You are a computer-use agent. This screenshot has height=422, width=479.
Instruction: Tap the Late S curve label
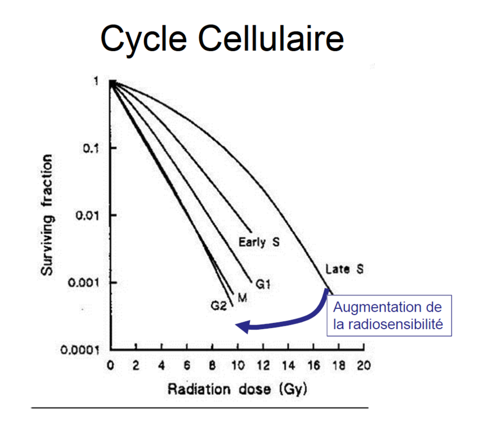click(x=344, y=270)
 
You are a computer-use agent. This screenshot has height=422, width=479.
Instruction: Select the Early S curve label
click(x=259, y=243)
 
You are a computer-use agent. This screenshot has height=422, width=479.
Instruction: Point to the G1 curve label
click(x=263, y=285)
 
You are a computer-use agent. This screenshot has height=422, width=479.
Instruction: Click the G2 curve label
click(x=218, y=306)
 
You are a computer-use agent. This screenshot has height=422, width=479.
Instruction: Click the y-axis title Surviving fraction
click(x=49, y=214)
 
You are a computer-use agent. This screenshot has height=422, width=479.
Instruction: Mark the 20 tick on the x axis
click(x=363, y=366)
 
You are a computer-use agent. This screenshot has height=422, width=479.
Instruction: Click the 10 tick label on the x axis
click(x=237, y=366)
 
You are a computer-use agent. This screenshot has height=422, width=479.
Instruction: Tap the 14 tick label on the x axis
click(x=288, y=366)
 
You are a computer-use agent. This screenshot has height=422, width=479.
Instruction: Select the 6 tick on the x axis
click(x=187, y=366)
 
